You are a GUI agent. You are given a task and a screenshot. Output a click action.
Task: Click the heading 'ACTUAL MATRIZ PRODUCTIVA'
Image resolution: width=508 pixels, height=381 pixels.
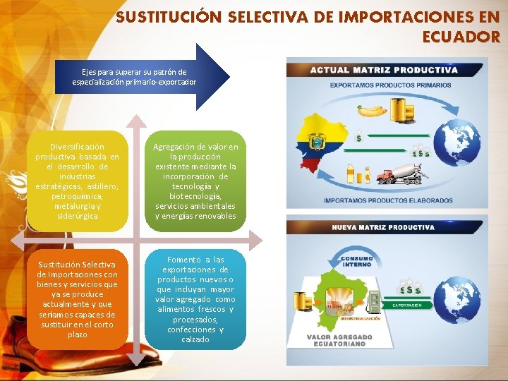384,70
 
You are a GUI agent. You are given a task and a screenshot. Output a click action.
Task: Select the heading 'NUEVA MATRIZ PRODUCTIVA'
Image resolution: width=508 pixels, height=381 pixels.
383,228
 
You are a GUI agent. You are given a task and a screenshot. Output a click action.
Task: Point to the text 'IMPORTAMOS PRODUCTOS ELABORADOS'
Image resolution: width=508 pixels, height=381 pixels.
388,200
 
